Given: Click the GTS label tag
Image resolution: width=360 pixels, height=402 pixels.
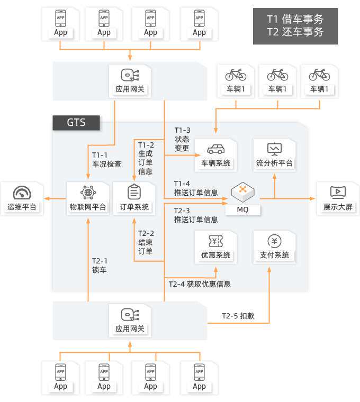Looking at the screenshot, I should (x=76, y=123).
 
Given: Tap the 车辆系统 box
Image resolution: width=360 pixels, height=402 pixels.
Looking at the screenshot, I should (x=215, y=154).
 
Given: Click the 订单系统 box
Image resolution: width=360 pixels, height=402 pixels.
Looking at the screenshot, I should (x=134, y=198).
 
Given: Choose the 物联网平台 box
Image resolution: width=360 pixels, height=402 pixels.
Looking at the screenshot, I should (x=88, y=198).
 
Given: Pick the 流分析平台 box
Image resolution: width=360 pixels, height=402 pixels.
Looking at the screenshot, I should (x=274, y=154).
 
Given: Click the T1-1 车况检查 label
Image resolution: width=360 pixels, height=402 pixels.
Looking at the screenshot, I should (x=106, y=159).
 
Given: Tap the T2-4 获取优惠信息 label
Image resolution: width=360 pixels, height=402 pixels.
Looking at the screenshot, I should (x=200, y=284).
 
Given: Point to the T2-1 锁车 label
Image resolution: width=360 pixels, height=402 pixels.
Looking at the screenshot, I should (x=100, y=265).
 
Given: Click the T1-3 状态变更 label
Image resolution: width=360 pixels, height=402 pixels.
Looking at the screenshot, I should (x=182, y=139).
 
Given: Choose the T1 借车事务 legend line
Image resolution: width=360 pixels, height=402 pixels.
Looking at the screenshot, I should (x=295, y=19).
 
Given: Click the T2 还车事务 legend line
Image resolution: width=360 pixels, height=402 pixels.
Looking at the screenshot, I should (x=295, y=32).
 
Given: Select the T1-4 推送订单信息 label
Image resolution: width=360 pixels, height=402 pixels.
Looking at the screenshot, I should (x=195, y=188).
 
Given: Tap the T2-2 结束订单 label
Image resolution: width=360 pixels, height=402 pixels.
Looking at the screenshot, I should (x=146, y=242).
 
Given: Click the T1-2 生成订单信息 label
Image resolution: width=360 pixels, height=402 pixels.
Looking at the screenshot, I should (x=146, y=158).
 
